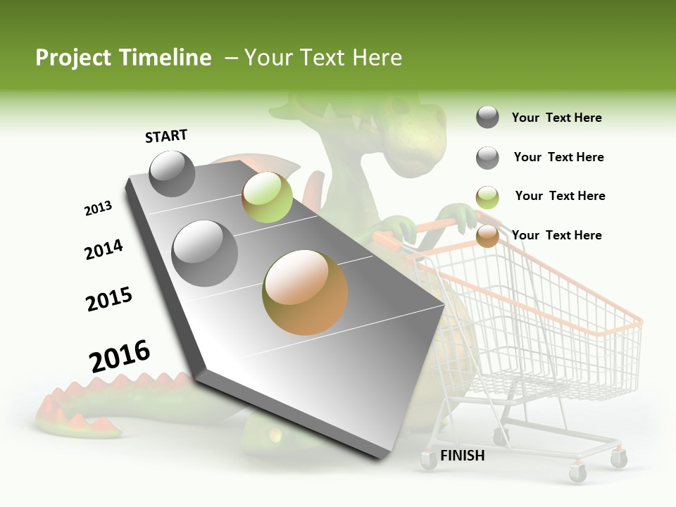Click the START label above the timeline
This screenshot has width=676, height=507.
point(166,136)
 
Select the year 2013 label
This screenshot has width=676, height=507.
point(98,208)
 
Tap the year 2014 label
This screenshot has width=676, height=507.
point(104,249)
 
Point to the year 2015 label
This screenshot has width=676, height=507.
point(109,299)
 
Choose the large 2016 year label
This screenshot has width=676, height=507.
point(120,356)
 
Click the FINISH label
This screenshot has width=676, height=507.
point(462,456)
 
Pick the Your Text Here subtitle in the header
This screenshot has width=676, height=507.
point(323,58)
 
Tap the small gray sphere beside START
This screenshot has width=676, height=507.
point(172,174)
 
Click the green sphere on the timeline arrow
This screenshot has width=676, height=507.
point(267,197)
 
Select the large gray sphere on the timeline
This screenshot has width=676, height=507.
point(204,253)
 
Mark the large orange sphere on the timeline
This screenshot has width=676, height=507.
point(305,292)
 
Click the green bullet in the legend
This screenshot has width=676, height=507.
point(487,197)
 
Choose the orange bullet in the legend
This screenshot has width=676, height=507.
point(487,236)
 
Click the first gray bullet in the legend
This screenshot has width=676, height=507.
point(487,117)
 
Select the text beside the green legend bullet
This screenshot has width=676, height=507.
point(560,196)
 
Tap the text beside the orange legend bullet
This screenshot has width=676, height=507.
point(556,235)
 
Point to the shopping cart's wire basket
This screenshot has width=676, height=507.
point(535,317)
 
